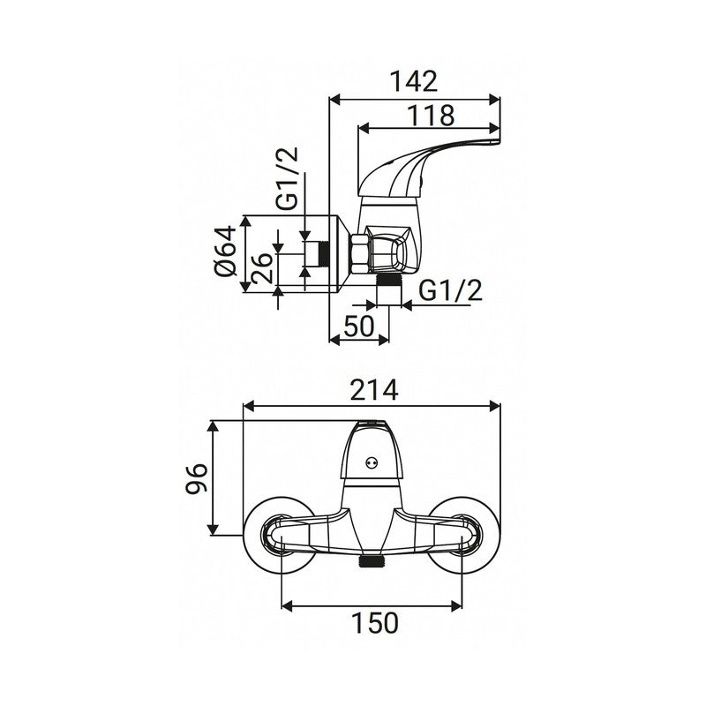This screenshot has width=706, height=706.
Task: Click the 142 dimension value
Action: pos(413,81)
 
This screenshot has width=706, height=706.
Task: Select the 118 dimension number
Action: pos(431,116)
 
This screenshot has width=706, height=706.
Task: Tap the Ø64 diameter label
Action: pos(226,251)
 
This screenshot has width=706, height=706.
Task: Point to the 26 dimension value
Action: pos(261,268)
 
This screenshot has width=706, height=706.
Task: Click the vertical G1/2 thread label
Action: pos(287,178)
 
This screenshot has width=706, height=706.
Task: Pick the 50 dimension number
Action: pos(359,326)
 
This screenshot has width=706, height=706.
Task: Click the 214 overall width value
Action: pos(374,390)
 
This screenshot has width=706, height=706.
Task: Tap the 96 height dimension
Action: pos(197,478)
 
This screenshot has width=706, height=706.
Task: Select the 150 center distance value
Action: pos(374,623)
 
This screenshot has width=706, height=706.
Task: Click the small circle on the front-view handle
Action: pos(372,462)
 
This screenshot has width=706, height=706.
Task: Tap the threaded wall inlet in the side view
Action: pos(318,254)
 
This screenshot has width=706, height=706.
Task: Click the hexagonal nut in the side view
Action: pos(359,254)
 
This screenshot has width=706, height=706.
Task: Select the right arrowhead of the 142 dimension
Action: pos(494,100)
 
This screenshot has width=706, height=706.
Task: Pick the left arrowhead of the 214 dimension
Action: pos(249,406)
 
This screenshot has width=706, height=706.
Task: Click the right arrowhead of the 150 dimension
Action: pos(456,605)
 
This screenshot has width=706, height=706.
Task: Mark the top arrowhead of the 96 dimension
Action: pos(213,426)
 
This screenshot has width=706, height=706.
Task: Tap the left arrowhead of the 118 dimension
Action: pos(364,129)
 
